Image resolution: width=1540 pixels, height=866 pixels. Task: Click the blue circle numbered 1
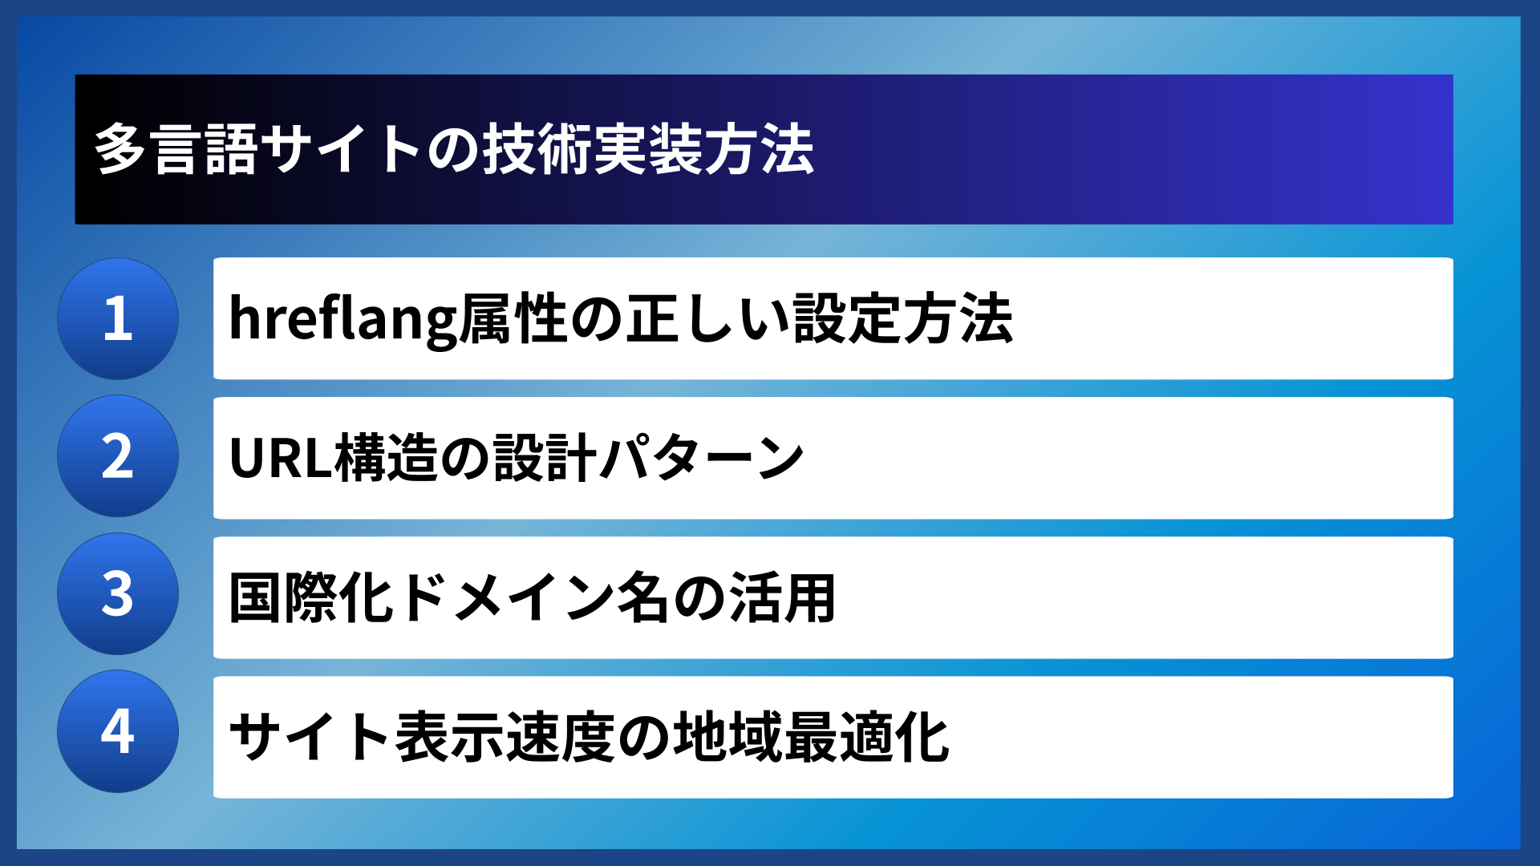pyautogui.click(x=118, y=318)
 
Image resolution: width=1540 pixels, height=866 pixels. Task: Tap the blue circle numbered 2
pyautogui.click(x=118, y=456)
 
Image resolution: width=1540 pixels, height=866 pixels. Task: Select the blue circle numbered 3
pyautogui.click(x=118, y=594)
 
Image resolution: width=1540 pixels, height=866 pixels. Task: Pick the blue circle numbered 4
pyautogui.click(x=118, y=731)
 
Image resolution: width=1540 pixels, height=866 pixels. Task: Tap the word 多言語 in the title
pyautogui.click(x=176, y=150)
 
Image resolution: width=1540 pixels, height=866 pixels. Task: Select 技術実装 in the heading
pyautogui.click(x=593, y=150)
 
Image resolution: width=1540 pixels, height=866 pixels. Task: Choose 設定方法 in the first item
pyautogui.click(x=903, y=319)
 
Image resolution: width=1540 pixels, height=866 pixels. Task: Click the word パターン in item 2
pyautogui.click(x=702, y=458)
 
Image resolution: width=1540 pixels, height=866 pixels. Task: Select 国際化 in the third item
pyautogui.click(x=312, y=598)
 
